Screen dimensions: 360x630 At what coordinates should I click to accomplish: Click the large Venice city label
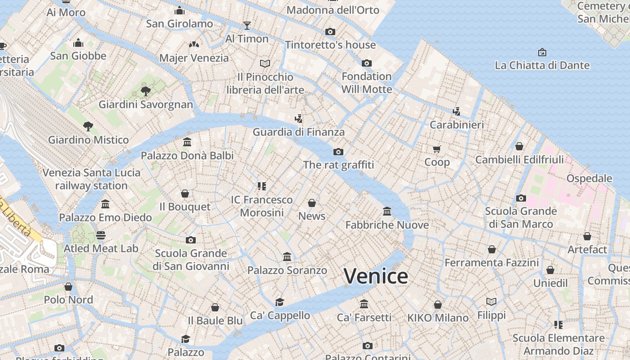click(376, 276)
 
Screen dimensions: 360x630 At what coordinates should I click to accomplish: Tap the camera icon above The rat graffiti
click(338, 152)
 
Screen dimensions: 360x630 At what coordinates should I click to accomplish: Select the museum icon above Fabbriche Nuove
click(387, 211)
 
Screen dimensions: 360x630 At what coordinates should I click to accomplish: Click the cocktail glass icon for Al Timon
click(247, 25)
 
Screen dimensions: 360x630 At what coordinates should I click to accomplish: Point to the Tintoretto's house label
click(330, 45)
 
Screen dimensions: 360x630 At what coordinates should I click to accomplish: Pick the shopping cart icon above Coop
click(437, 149)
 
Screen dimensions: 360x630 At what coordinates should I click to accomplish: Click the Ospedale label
click(589, 178)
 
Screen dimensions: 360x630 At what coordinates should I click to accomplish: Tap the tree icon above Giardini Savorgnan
click(145, 91)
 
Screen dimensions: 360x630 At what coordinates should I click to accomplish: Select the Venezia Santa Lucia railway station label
click(91, 179)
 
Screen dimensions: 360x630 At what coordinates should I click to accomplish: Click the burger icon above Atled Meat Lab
click(101, 235)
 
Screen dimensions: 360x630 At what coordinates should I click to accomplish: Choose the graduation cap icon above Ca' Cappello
click(280, 302)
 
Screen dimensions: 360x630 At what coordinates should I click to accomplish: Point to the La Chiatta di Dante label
click(542, 65)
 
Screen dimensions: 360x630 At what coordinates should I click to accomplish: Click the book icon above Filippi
click(491, 301)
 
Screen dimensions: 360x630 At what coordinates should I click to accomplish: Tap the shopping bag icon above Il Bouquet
click(185, 193)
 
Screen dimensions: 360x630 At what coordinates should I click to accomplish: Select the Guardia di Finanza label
click(298, 132)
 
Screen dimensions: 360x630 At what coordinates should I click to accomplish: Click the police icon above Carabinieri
click(456, 111)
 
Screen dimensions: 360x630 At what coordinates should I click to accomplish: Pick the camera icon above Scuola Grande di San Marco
click(521, 198)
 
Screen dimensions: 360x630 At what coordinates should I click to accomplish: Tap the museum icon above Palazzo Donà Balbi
click(187, 142)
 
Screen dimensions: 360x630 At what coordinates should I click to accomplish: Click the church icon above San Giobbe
click(78, 43)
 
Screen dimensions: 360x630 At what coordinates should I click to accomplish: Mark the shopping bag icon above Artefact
click(587, 236)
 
